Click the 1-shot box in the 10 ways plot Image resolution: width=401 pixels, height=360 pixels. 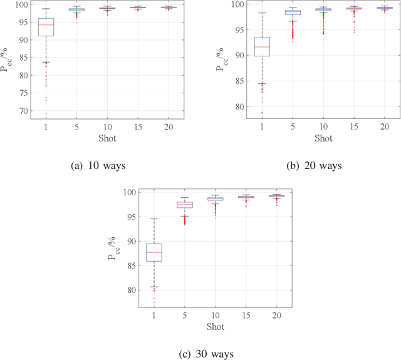tap(46, 27)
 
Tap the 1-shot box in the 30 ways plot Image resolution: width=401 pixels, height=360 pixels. tap(154, 252)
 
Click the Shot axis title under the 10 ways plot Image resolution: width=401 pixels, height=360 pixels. tap(107, 138)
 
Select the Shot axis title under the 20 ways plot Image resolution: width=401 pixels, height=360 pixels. tap(323, 138)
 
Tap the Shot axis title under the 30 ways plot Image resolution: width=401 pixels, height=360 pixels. tap(215, 326)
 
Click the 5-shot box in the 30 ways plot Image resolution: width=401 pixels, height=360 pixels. tap(184, 205)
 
